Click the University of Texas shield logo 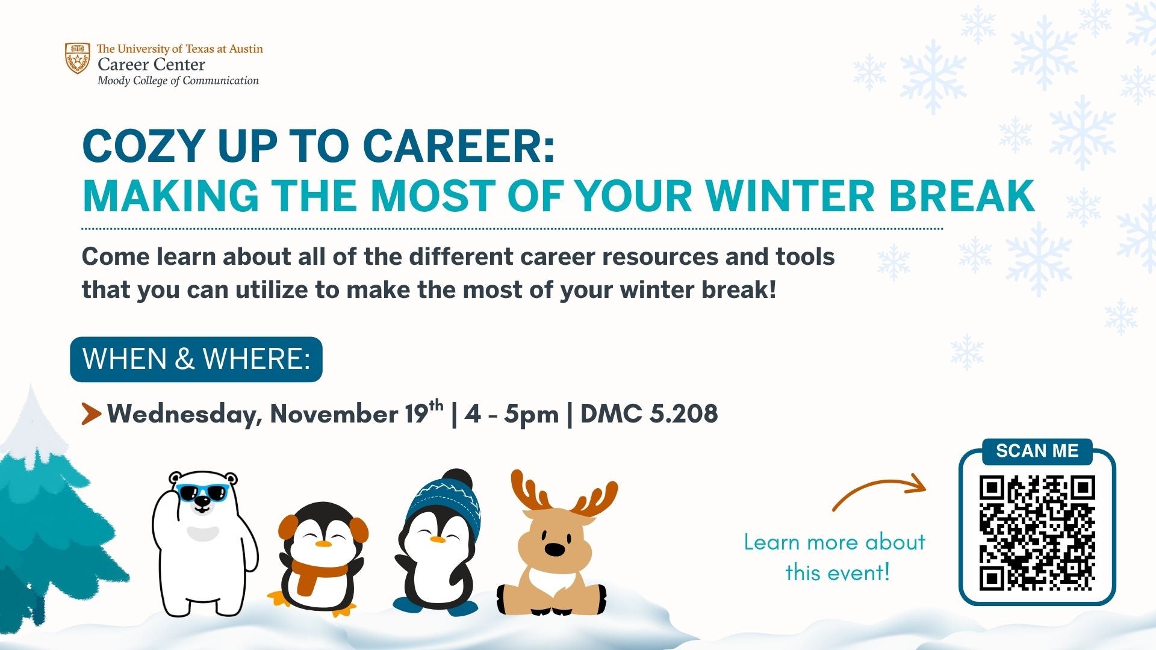[78, 58]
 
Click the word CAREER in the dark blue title [459, 146]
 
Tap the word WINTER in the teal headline [789, 196]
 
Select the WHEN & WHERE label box [196, 359]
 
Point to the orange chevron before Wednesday [91, 414]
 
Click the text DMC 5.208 [649, 414]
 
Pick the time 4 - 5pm [512, 415]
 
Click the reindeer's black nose [555, 549]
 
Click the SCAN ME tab [1037, 451]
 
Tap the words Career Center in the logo [151, 64]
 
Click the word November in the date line [334, 414]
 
